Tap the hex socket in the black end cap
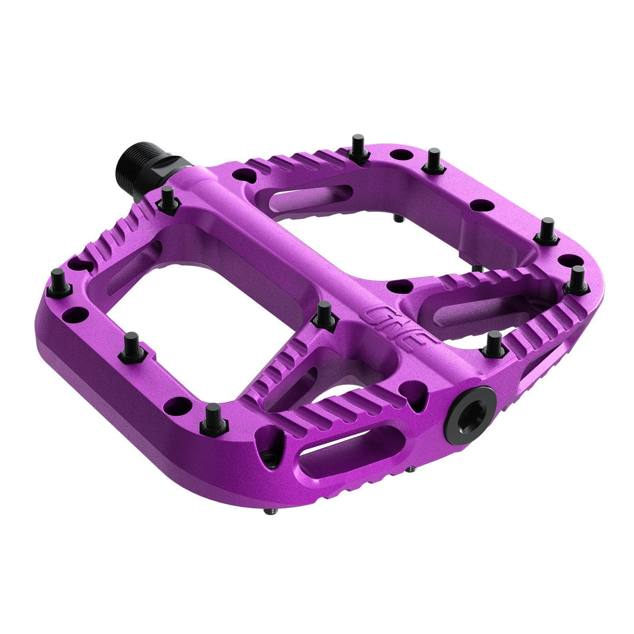coord(470,415)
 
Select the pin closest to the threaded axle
coord(168,200)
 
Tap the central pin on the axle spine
coord(325,315)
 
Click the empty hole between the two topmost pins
coord(401,155)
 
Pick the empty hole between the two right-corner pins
coord(570,260)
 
